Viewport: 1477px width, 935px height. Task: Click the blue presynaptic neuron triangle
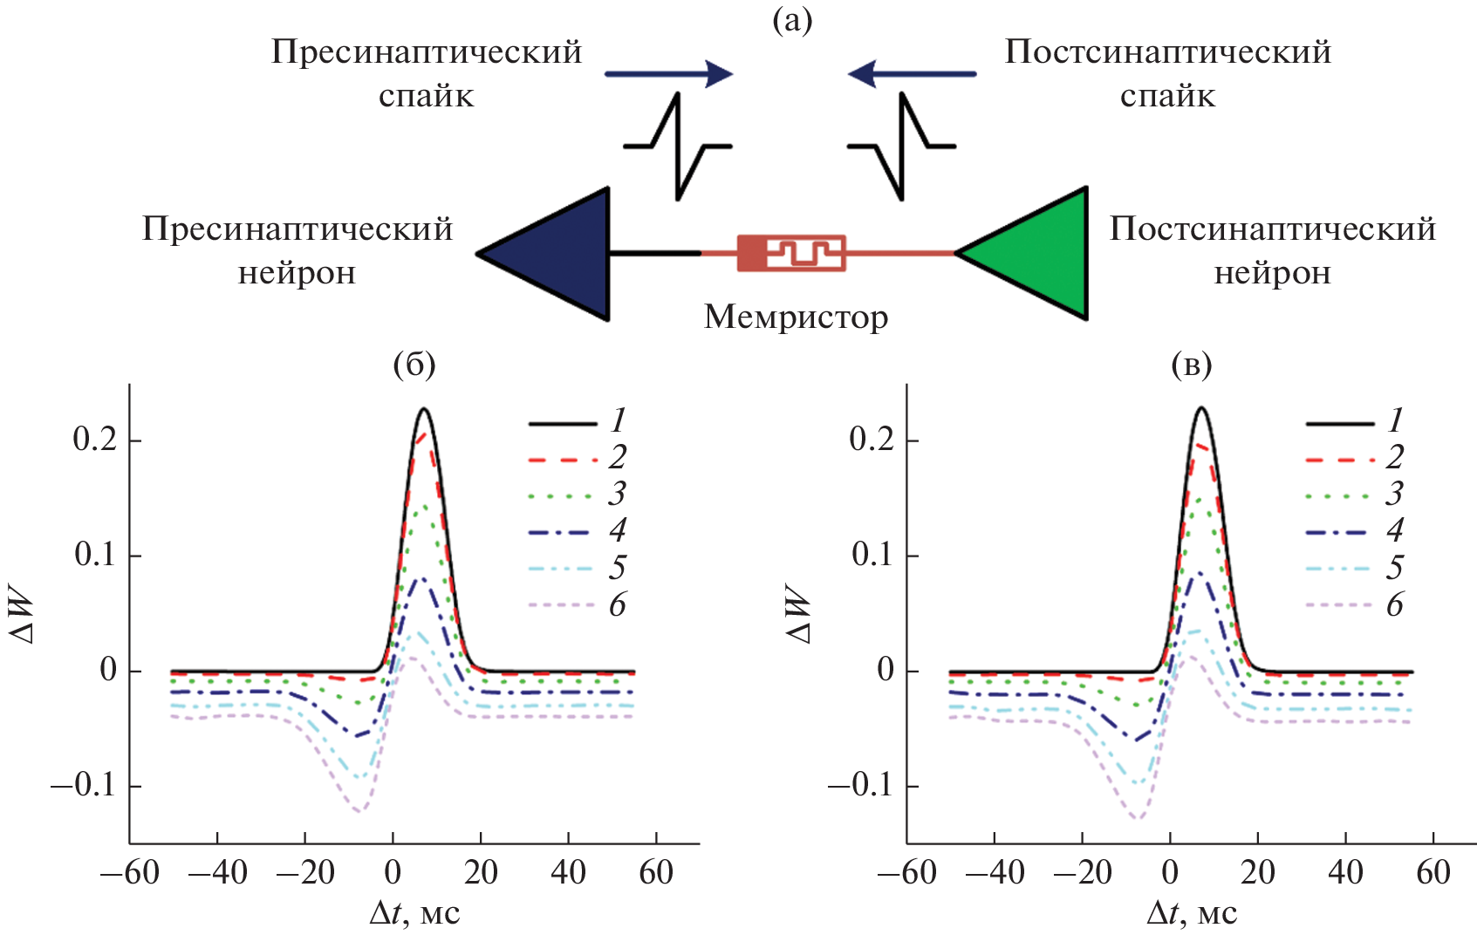(x=558, y=254)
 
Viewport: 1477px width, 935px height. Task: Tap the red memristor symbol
(x=791, y=253)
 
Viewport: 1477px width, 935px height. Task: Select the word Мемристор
(x=796, y=317)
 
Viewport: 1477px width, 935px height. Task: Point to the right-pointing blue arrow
(x=668, y=74)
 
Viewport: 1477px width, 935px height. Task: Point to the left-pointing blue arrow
(x=912, y=74)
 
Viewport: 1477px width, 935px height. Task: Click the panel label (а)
(x=792, y=20)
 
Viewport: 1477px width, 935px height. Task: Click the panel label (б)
(x=414, y=364)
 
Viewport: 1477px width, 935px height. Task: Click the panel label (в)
(x=1192, y=364)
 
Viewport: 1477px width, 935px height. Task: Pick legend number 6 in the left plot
(x=618, y=604)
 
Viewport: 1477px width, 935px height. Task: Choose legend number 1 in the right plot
(x=1395, y=421)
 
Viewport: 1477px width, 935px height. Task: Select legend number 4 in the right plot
(x=1395, y=530)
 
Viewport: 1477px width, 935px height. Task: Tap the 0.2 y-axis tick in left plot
(x=95, y=440)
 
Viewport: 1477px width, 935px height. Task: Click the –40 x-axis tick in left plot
(x=217, y=872)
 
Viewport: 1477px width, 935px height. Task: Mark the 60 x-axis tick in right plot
(x=1433, y=872)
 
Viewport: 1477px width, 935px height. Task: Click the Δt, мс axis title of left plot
(x=414, y=912)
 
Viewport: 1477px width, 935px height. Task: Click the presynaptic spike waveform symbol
(x=678, y=147)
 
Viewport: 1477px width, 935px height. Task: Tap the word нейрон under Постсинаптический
(x=1272, y=273)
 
